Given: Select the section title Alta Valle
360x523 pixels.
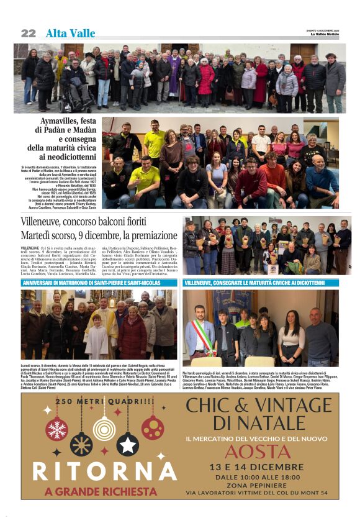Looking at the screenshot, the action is click(x=70, y=34).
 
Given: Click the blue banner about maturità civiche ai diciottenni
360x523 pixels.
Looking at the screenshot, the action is click(x=261, y=283).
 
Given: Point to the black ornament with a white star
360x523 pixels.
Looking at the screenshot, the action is click(x=127, y=443).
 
